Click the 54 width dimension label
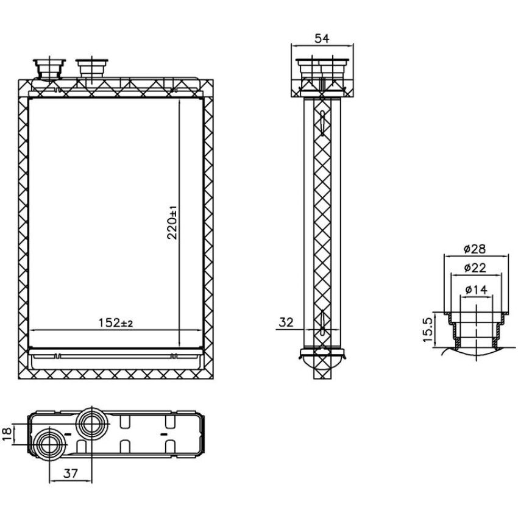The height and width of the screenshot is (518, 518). [x=322, y=38]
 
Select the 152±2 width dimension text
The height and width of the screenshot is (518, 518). [x=116, y=323]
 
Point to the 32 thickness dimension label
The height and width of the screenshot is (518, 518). [x=286, y=322]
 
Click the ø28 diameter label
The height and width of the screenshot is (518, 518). [x=475, y=249]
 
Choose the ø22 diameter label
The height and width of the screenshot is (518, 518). [x=475, y=268]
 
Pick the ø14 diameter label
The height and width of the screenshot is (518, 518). [x=476, y=289]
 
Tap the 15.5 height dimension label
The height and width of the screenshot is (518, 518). [x=427, y=330]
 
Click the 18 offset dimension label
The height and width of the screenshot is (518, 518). [x=7, y=434]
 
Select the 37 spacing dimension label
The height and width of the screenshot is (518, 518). [x=70, y=474]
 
